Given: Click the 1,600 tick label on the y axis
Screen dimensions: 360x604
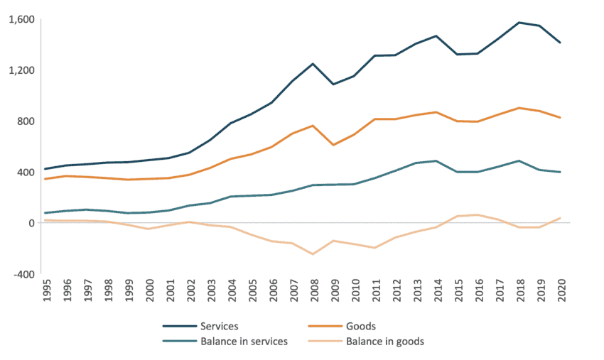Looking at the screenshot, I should [x=21, y=19].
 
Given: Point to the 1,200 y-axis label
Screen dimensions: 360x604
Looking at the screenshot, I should [x=21, y=70].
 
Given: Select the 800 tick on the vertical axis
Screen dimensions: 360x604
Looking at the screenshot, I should [x=26, y=121].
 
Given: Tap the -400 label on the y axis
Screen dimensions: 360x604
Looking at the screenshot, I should [x=24, y=274].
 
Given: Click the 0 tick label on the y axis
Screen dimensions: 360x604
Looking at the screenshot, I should [x=31, y=223].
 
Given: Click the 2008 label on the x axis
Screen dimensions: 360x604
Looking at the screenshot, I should [x=313, y=291].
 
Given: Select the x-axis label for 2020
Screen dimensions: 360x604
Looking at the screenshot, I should [x=561, y=291].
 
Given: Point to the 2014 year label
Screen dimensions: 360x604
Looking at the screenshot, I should [x=436, y=291].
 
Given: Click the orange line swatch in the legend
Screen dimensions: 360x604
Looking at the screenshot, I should [x=323, y=327].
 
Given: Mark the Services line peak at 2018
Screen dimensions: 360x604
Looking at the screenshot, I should [x=519, y=23].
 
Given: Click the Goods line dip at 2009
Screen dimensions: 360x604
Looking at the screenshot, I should [x=333, y=145].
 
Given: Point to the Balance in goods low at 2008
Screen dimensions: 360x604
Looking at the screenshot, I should [x=312, y=254].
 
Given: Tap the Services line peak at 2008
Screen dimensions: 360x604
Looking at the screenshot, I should [x=312, y=64].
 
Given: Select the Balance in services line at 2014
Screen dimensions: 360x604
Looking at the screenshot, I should [x=436, y=161].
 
